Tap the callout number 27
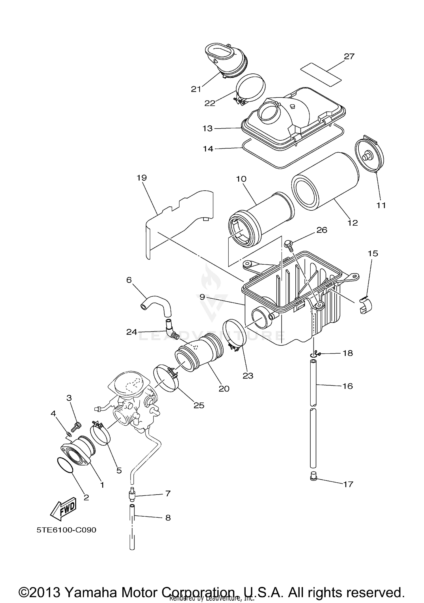pyautogui.click(x=349, y=56)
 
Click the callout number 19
pyautogui.click(x=142, y=178)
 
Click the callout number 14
pyautogui.click(x=208, y=149)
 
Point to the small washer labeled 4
pyautogui.click(x=68, y=434)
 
